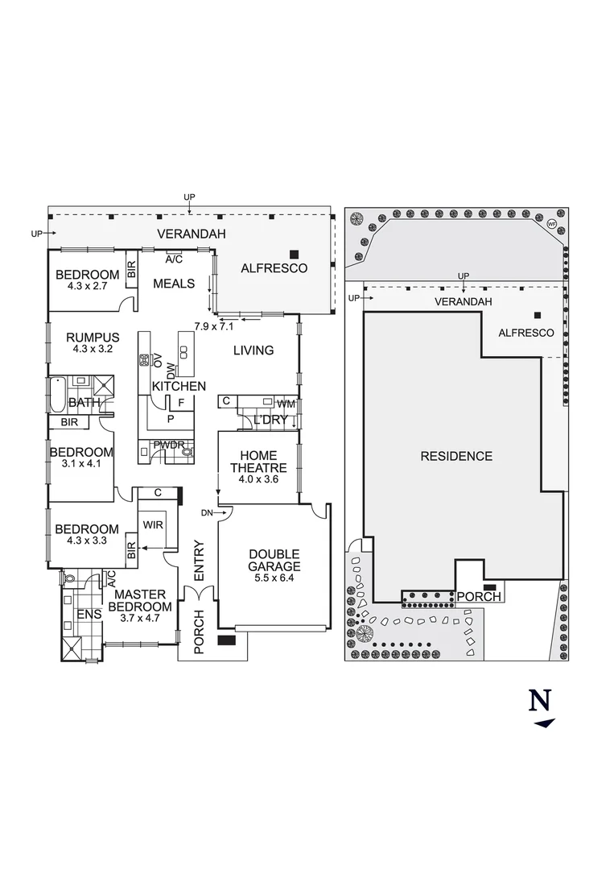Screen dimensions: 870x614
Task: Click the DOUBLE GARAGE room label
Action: [x=274, y=560]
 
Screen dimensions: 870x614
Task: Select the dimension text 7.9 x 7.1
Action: [x=213, y=326]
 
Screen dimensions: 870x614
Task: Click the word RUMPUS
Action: [x=93, y=338]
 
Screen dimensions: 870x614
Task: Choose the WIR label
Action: [x=153, y=524]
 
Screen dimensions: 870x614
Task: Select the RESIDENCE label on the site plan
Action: [x=456, y=456]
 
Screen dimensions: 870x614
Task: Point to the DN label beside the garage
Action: [x=207, y=512]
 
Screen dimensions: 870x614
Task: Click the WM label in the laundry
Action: [x=286, y=403]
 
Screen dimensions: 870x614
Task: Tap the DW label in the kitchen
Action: [x=171, y=371]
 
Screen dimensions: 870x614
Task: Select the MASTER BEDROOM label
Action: [x=140, y=601]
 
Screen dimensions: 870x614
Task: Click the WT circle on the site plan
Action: [x=551, y=224]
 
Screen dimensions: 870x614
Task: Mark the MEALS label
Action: [x=174, y=284]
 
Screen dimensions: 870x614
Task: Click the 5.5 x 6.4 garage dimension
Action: [x=274, y=578]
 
